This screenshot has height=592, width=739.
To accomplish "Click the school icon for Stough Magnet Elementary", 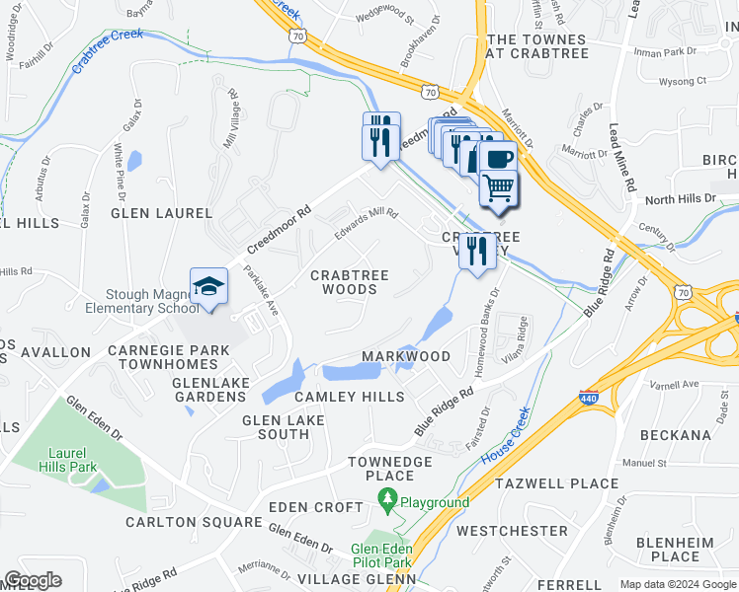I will (209, 287).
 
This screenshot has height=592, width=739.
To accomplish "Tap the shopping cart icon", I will (499, 185).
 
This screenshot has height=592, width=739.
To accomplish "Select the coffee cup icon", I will (497, 159).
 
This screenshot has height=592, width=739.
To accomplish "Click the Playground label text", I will (435, 502).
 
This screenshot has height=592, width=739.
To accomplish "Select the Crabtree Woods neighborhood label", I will (350, 282).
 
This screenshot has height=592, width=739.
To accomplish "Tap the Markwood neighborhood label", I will (406, 356).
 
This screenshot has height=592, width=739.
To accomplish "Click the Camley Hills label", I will (350, 396).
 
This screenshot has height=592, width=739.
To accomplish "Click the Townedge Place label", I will (390, 469).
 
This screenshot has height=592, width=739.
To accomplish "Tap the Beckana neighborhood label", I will (675, 434).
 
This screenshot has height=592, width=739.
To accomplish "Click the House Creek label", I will (506, 436).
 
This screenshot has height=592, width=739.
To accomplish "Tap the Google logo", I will (34, 580).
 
